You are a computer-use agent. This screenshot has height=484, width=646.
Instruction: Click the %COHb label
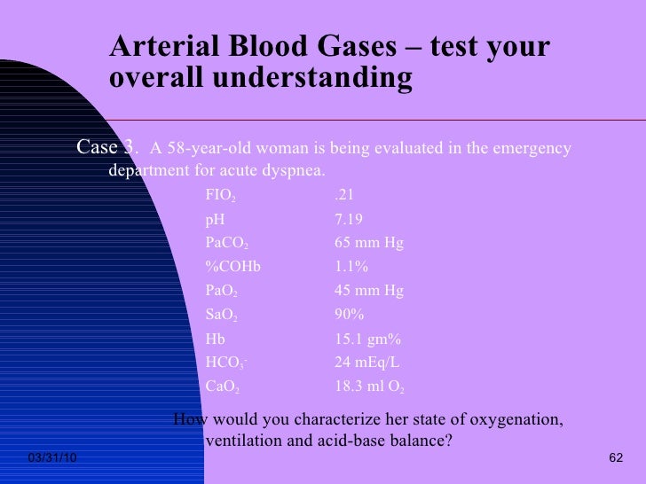232,268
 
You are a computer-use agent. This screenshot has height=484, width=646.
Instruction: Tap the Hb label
215,340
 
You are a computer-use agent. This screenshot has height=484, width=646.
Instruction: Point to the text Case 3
107,146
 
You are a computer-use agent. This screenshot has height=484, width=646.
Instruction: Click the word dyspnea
290,170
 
